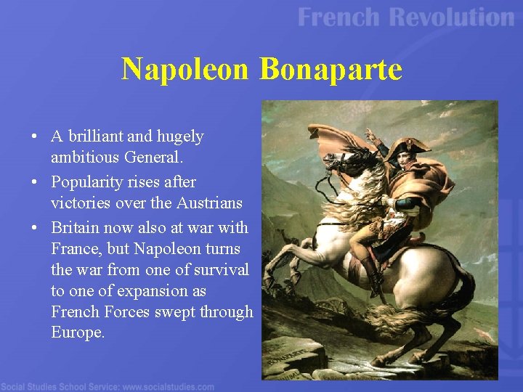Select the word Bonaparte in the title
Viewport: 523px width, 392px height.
tap(331, 69)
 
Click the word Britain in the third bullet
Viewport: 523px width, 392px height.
tap(76, 227)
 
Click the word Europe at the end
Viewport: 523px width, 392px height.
tap(77, 332)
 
